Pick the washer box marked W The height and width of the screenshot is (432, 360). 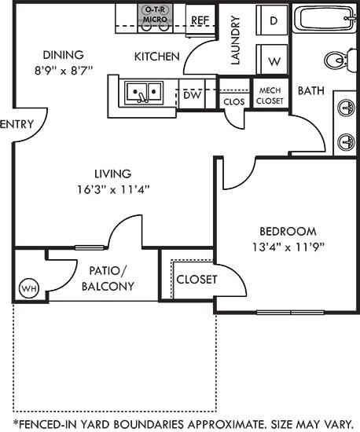tap(274, 60)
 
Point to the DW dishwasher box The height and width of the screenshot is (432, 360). tap(192, 95)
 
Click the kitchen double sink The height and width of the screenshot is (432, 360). tap(144, 93)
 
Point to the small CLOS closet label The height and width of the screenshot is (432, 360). tap(233, 101)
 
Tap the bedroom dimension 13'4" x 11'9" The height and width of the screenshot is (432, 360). tap(287, 246)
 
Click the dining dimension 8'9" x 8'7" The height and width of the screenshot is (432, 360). tap(64, 69)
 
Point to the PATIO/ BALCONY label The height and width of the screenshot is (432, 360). tap(108, 278)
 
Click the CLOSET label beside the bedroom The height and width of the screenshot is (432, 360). tap(196, 279)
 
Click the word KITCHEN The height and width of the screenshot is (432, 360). tap(157, 57)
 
